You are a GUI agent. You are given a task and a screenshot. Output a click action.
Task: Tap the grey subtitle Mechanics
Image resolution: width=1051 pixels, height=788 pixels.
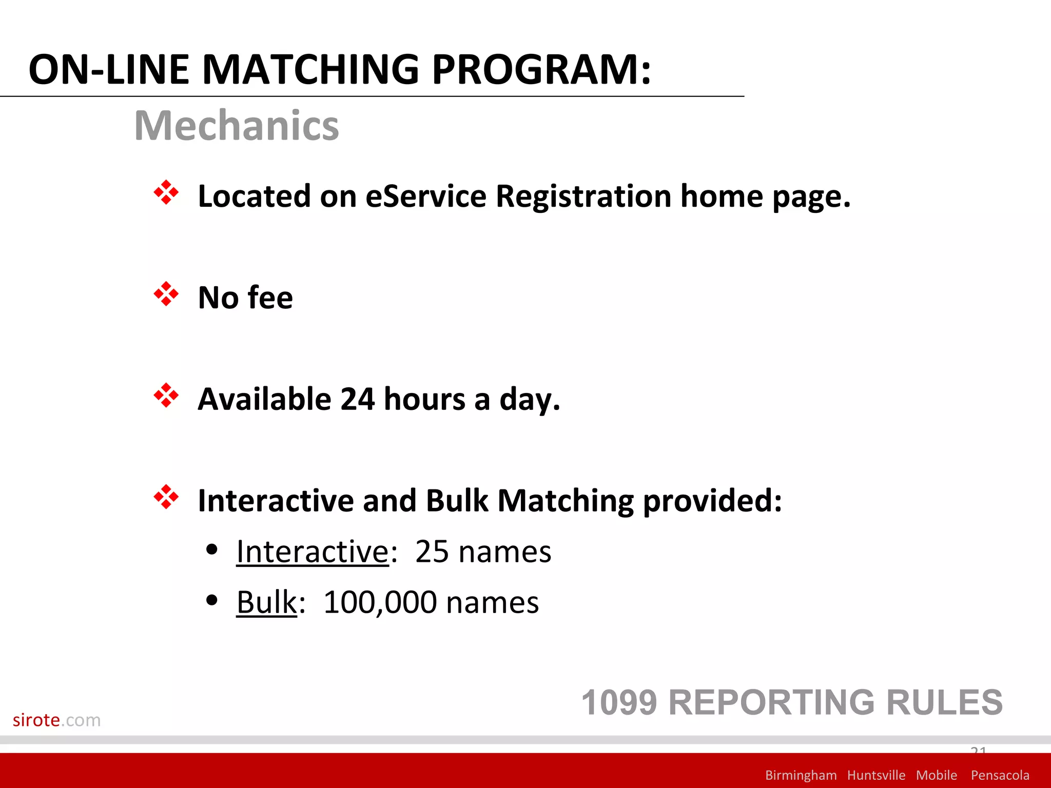coord(236,126)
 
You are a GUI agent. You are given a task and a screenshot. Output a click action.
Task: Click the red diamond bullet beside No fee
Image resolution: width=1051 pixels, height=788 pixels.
coord(166,294)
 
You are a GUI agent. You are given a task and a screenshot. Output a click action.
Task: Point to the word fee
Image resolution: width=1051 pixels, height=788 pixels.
coord(270,298)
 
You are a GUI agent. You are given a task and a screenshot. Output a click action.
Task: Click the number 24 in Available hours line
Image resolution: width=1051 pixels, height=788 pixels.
coord(357,399)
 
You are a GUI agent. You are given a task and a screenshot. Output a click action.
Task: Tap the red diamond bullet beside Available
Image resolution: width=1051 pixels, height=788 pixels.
coord(166,396)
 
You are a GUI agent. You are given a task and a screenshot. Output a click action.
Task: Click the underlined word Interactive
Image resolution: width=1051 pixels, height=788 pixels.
coord(312,552)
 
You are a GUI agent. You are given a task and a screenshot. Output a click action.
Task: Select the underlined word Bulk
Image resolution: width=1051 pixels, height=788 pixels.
coord(266,602)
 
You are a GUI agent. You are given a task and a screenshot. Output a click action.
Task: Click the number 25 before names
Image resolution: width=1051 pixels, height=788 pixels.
coord(432,552)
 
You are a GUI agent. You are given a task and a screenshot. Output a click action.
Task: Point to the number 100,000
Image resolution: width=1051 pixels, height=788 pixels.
coord(380,602)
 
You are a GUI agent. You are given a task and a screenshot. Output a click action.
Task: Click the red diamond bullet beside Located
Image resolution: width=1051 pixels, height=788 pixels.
coord(166,193)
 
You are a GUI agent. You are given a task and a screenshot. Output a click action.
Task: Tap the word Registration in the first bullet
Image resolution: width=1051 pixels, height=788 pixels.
coord(583,196)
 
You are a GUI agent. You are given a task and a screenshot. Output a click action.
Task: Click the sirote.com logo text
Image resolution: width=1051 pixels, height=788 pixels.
coord(56,720)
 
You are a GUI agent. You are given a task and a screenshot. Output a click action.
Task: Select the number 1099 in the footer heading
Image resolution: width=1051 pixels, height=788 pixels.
coord(619,702)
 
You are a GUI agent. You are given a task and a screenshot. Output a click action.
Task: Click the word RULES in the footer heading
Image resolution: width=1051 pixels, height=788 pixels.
coord(944,702)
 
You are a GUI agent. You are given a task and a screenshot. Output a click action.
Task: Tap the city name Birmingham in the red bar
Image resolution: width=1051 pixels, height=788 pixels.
coord(801,775)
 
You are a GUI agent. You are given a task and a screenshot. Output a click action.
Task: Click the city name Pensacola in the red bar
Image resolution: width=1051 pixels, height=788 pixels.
coord(1000,775)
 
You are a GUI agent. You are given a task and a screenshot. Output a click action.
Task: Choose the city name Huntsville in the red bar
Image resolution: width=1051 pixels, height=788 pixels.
coord(876,775)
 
